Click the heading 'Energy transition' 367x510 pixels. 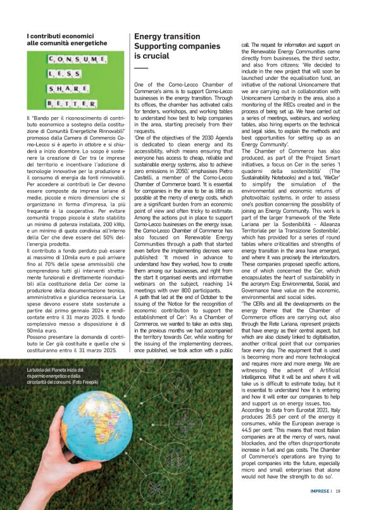(x=158, y=37)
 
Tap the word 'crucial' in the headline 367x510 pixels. (x=147, y=56)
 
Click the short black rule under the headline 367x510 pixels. (x=140, y=68)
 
